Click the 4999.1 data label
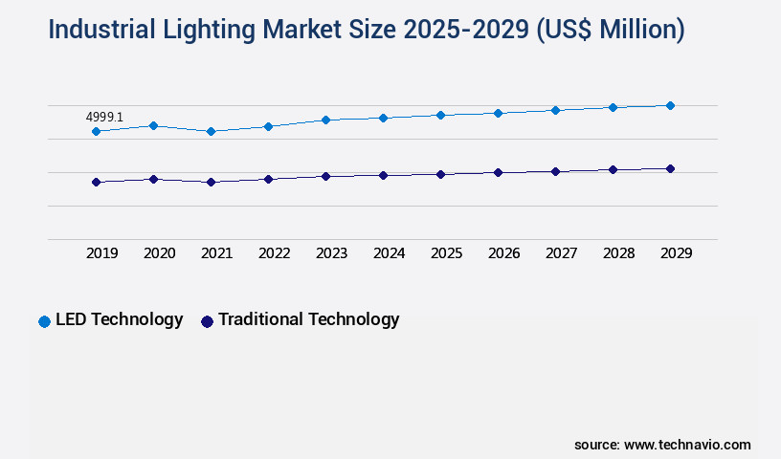[x=104, y=117]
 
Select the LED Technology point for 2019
[x=96, y=131]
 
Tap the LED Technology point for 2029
[x=670, y=105]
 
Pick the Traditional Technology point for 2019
[x=96, y=182]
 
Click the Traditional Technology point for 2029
[x=670, y=168]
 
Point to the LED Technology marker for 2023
[x=325, y=120]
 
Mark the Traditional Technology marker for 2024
[x=383, y=175]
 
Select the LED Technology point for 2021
[x=211, y=131]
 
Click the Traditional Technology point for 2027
[x=555, y=171]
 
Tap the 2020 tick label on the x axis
[x=159, y=253]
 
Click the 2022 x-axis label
[x=274, y=253]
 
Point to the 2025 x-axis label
[x=446, y=253]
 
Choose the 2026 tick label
[x=503, y=253]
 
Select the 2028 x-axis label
[x=618, y=253]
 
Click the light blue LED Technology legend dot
[x=44, y=321]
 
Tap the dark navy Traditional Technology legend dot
[x=207, y=321]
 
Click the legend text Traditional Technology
[x=308, y=319]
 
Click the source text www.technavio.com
[x=687, y=445]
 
